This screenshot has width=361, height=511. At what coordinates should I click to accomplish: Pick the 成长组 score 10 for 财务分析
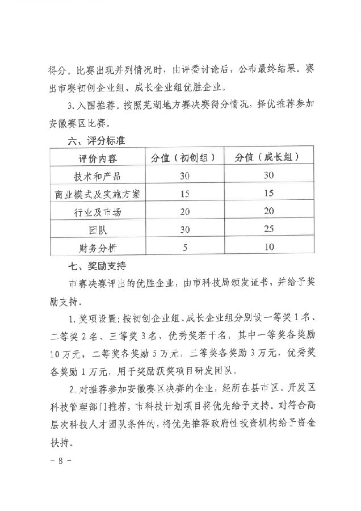(268, 247)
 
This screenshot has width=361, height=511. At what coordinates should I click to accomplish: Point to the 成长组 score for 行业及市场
(268, 211)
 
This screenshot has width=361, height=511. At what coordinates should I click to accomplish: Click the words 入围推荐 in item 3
(94, 106)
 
